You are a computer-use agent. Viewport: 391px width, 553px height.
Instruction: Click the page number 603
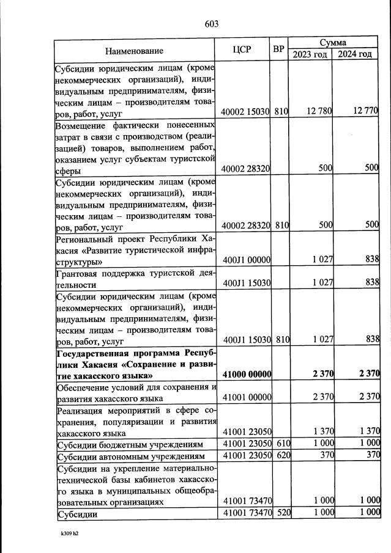point(211,24)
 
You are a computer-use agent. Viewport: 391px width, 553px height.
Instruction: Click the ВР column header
point(279,48)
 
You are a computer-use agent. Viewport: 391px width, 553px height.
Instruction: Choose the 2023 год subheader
point(310,54)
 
